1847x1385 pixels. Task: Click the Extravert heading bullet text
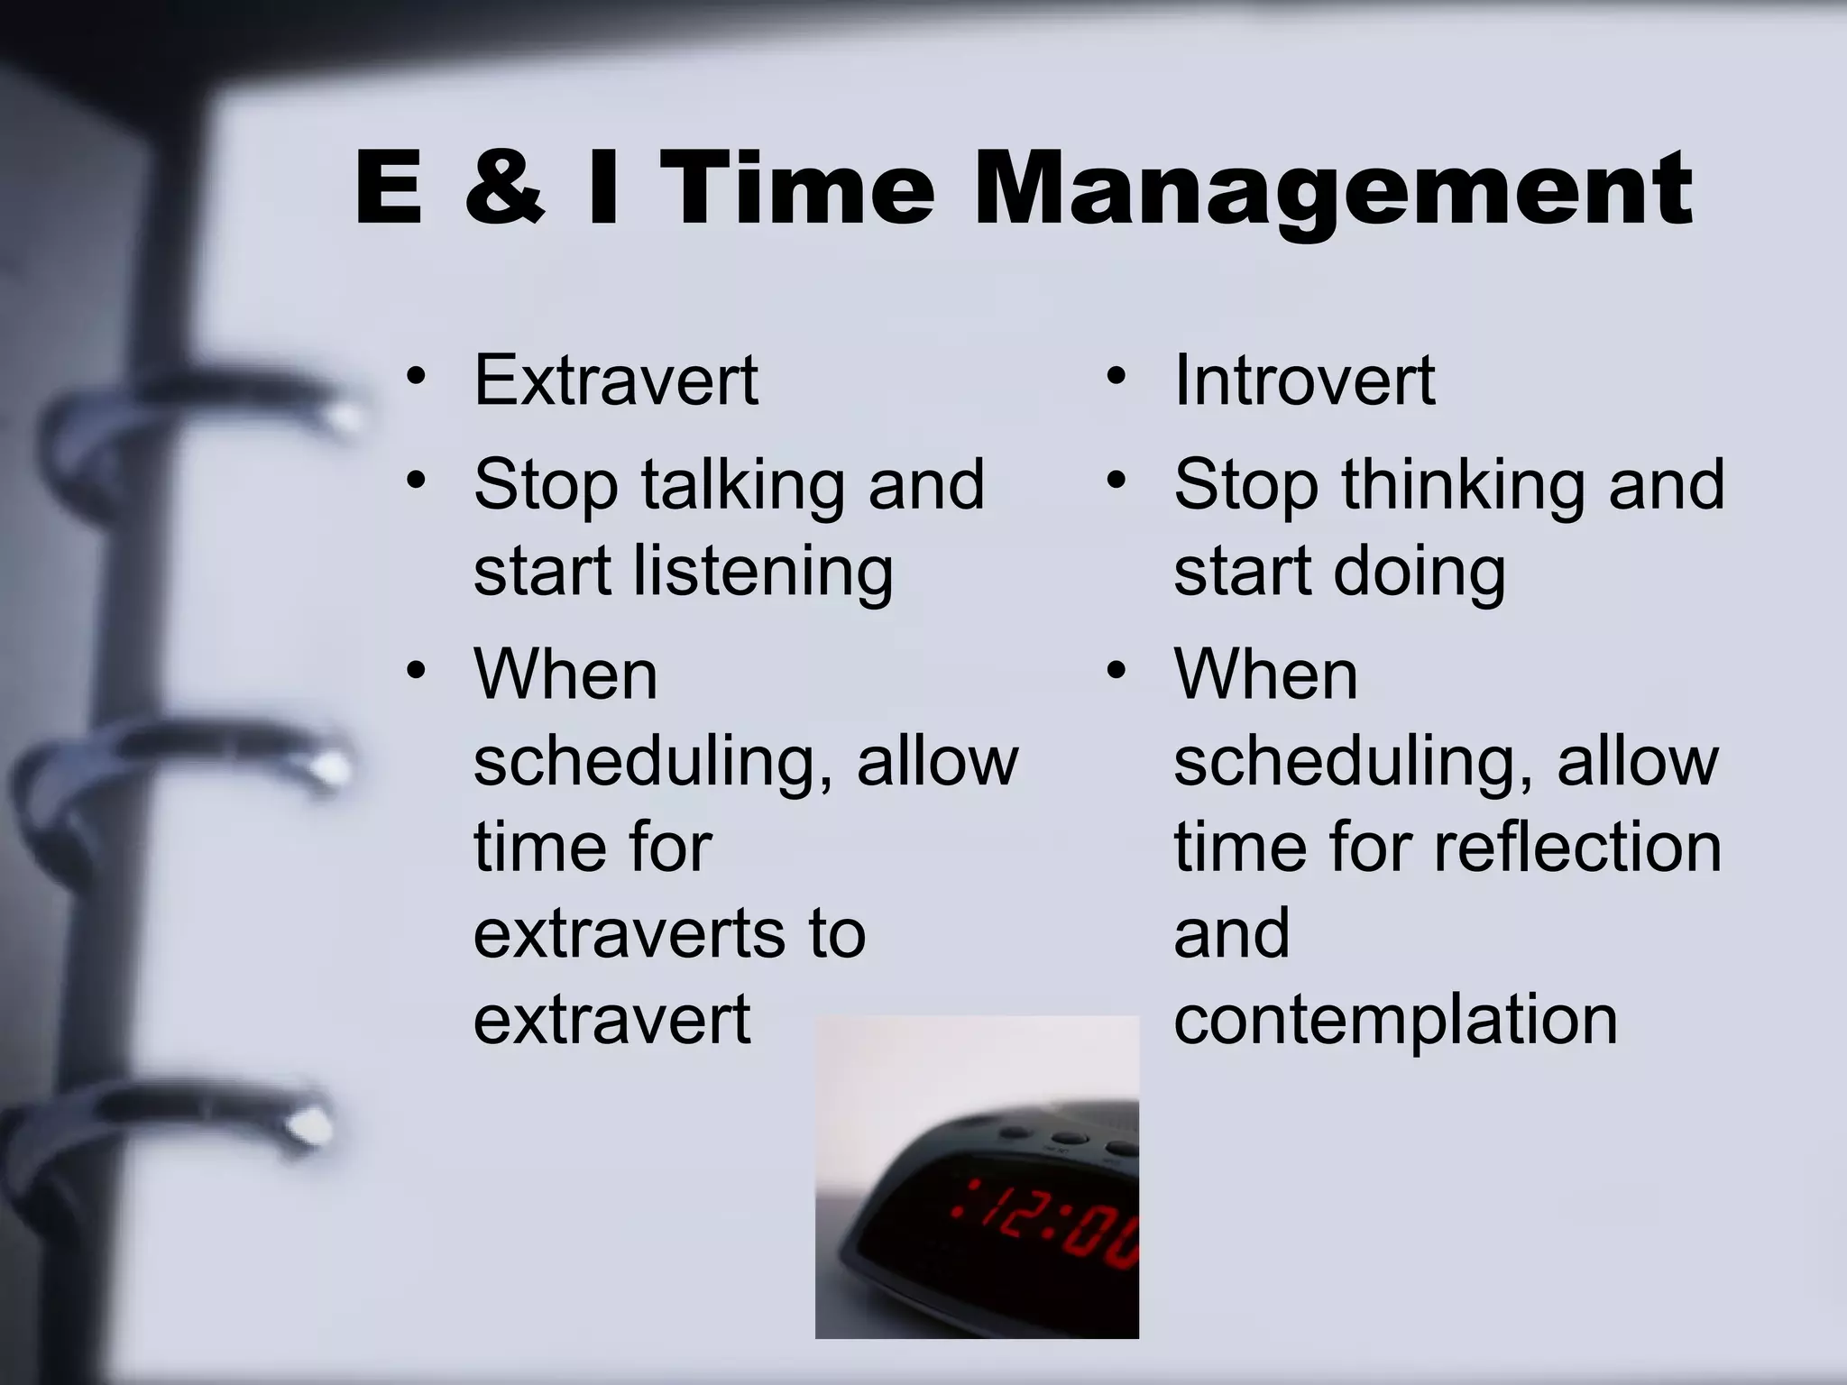(616, 381)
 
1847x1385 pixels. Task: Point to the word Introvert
(1304, 381)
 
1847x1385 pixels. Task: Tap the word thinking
(1462, 485)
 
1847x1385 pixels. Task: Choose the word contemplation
(1395, 1021)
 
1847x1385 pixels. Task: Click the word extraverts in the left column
(628, 934)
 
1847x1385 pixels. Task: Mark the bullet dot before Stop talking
(415, 480)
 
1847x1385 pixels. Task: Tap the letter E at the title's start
(389, 189)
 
